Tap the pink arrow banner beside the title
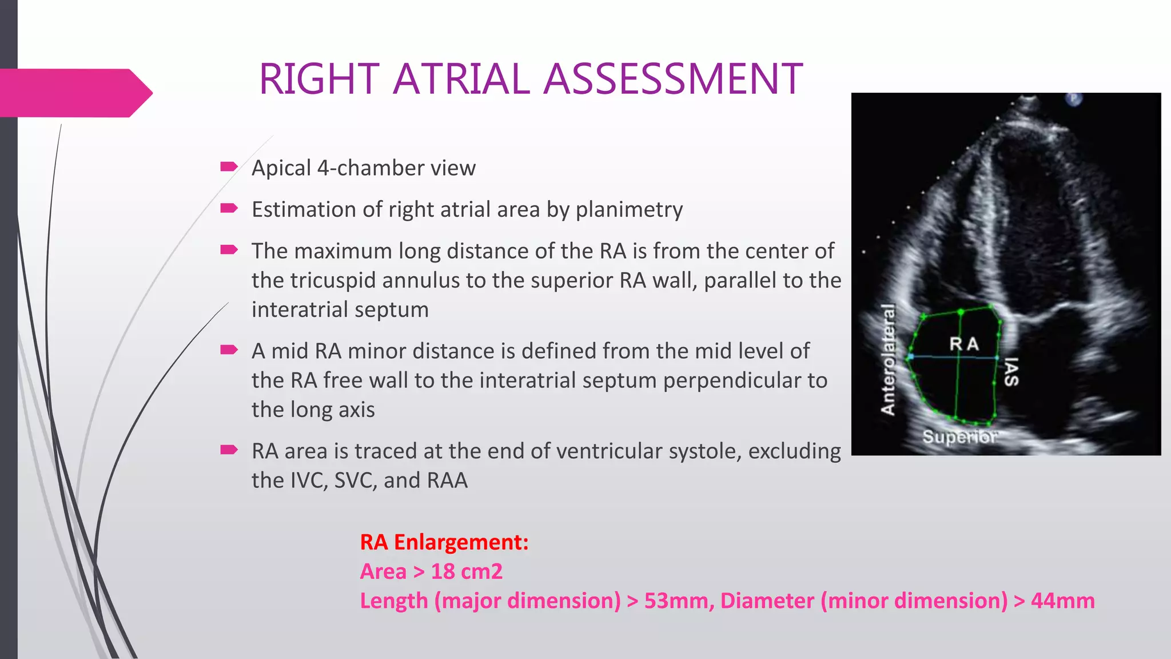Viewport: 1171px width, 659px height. pyautogui.click(x=74, y=93)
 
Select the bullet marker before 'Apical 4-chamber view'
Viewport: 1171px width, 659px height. pyautogui.click(x=229, y=167)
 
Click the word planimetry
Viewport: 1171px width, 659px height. pyautogui.click(x=629, y=210)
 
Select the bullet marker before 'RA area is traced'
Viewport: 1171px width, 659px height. pyautogui.click(x=229, y=450)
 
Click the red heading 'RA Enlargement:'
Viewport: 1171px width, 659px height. pyautogui.click(x=444, y=542)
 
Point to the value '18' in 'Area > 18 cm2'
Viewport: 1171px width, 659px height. pyautogui.click(x=443, y=571)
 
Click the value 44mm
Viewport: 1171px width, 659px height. pyautogui.click(x=1062, y=601)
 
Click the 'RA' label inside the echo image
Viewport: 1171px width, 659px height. pyautogui.click(x=964, y=344)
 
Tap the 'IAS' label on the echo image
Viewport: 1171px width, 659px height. pyautogui.click(x=1011, y=372)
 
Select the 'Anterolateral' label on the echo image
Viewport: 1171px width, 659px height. pyautogui.click(x=887, y=359)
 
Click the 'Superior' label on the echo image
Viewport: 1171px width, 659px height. pyautogui.click(x=959, y=437)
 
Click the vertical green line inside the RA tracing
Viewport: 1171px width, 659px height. pyautogui.click(x=959, y=389)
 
